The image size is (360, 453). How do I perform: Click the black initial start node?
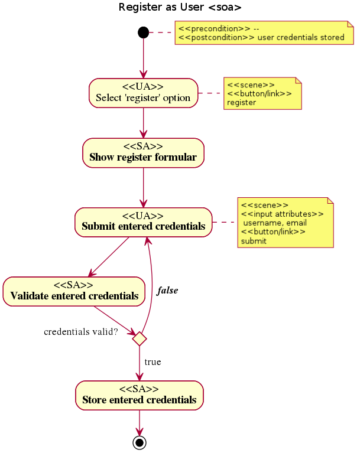pos(143,32)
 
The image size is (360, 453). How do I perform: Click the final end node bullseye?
pos(140,442)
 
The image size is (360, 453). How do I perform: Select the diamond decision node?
pos(140,339)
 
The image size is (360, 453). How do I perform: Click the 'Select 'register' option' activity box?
pos(143,93)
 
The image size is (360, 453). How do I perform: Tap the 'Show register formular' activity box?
pos(143,152)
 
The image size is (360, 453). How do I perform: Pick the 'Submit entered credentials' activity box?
pos(143,222)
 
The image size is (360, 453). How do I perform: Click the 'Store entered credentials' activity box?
pos(140,395)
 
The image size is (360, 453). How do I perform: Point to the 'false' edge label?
pos(167,291)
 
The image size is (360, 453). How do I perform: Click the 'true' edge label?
pos(153,362)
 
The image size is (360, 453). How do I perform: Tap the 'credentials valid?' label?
pos(81,332)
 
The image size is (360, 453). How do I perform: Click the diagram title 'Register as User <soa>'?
pos(180,8)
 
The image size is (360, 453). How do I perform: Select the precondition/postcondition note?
pos(264,33)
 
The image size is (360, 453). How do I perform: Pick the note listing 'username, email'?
pos(286,223)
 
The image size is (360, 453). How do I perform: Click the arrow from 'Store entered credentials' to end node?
pos(140,422)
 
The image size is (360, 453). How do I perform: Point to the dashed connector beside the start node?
pos(162,32)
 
